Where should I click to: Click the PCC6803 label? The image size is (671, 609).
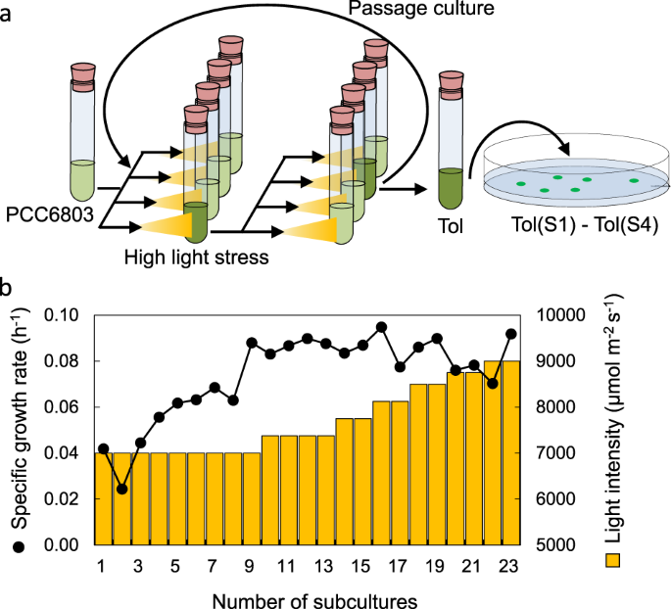point(50,212)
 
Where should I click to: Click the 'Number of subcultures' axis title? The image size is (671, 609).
point(307,596)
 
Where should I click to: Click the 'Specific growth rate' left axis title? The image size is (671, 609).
point(17,430)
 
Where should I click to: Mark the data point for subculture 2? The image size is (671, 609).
point(121,489)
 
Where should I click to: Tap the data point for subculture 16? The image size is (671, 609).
point(381,327)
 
